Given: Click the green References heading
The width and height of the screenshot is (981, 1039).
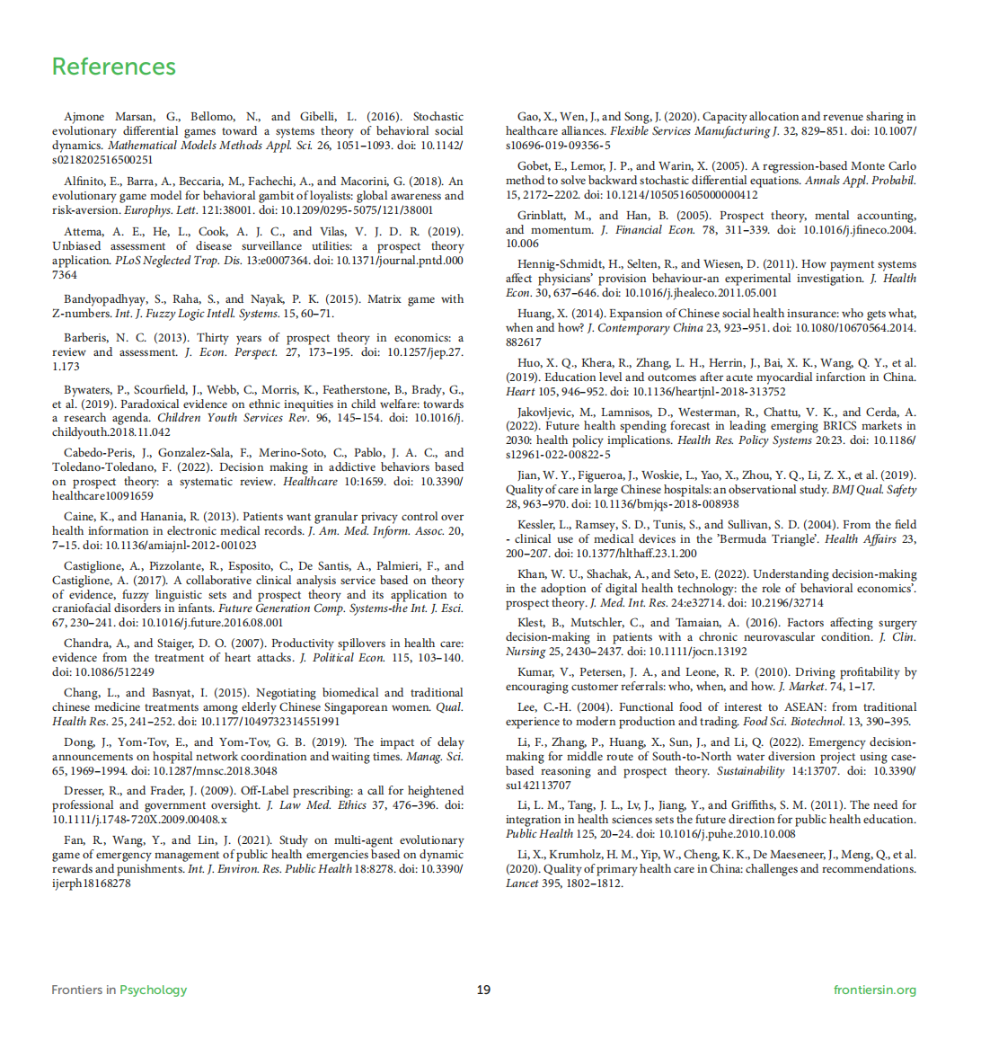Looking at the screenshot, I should [x=113, y=67].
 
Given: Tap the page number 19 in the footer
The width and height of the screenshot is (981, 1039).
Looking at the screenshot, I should [x=483, y=990].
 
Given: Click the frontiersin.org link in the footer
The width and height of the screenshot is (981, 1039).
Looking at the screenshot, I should [x=874, y=990].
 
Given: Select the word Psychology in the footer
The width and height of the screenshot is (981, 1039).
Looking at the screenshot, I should [x=154, y=990].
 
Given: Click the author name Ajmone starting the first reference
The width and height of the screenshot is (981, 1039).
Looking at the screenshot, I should [x=84, y=117].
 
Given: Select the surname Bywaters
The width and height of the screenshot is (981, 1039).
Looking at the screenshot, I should [x=88, y=390].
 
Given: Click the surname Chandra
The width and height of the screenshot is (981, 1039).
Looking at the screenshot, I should [x=86, y=644].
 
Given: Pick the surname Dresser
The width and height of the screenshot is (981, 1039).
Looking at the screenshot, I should [x=84, y=791].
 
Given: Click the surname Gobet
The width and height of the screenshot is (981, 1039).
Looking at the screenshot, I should [x=534, y=166].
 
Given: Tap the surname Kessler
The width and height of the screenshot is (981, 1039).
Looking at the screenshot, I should [x=537, y=525].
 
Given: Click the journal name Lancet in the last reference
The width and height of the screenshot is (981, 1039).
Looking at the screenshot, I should [x=521, y=884].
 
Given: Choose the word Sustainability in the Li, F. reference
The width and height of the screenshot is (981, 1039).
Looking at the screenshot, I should [x=749, y=771].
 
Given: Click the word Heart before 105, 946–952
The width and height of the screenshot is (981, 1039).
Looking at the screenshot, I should [x=520, y=392].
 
